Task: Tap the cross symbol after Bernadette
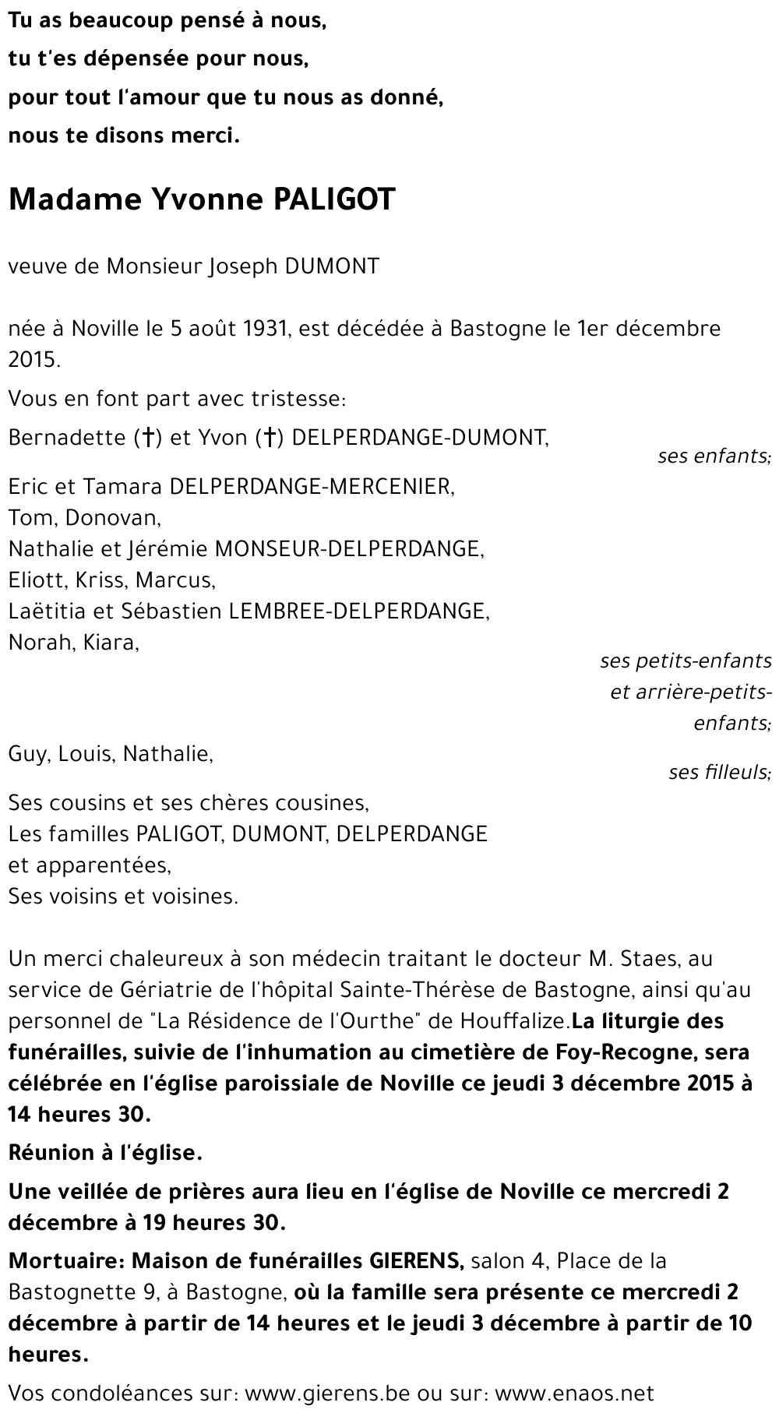pyautogui.click(x=146, y=439)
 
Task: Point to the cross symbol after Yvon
pyautogui.click(x=267, y=439)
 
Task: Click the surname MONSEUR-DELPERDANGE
pyautogui.click(x=349, y=549)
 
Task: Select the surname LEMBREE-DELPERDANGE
pyautogui.click(x=358, y=611)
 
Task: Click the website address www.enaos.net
pyautogui.click(x=574, y=1393)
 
